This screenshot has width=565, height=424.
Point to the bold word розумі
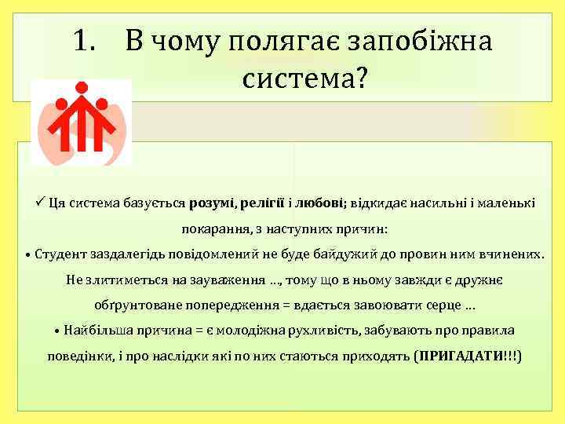coord(213,203)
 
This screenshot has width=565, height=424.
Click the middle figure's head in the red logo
coord(81,87)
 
